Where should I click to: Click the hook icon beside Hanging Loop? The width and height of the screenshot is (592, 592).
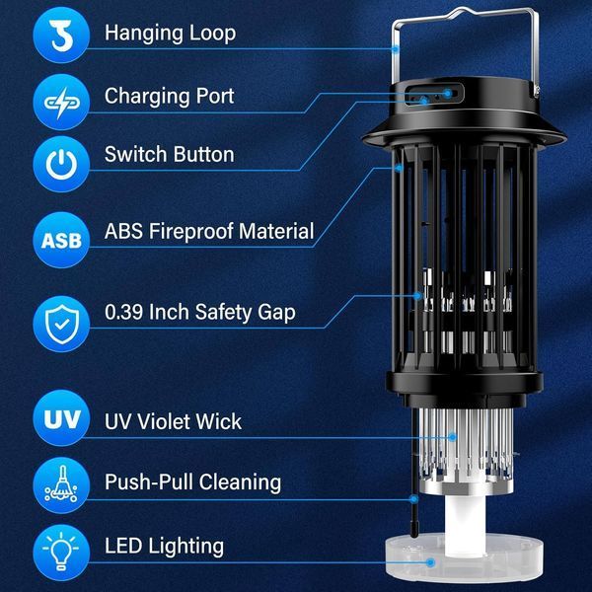61,36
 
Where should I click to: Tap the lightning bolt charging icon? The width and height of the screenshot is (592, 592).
61,103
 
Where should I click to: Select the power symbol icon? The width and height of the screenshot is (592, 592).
61,164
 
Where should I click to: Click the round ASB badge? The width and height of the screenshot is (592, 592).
61,240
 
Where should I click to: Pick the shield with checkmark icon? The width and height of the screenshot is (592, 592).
61,325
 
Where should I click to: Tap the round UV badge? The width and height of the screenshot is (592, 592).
61,418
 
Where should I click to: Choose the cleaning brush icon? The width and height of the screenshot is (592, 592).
61,485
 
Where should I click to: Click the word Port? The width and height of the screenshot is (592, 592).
215,97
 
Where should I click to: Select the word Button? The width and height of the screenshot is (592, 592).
204,155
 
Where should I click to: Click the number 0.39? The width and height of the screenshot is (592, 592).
124,312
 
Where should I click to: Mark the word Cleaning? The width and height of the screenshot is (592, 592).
240,482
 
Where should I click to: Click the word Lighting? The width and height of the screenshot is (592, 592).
186,547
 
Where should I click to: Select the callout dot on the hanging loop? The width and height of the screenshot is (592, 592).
396,49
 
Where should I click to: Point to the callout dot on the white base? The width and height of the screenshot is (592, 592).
430,562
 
